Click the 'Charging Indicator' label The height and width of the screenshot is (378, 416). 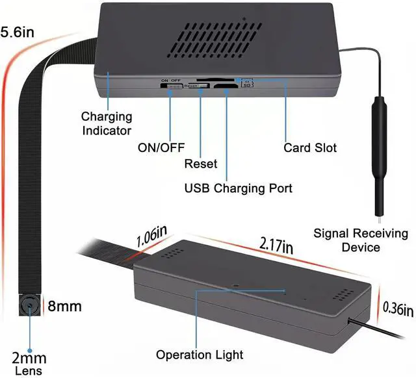[107, 123]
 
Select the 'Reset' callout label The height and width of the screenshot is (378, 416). [201, 164]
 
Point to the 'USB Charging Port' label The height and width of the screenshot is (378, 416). [239, 188]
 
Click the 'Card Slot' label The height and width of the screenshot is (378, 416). [310, 147]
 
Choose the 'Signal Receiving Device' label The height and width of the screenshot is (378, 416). [361, 240]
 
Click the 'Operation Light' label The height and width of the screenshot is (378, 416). [200, 355]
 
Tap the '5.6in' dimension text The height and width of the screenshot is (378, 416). [18, 32]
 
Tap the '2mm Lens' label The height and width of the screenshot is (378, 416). [29, 363]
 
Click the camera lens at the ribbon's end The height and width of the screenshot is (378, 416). [29, 305]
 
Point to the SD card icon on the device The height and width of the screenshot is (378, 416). [247, 82]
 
